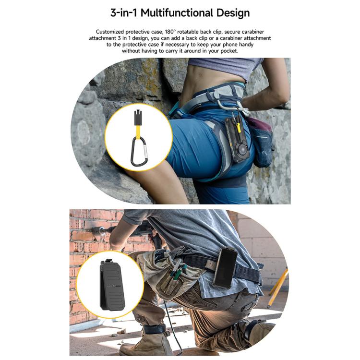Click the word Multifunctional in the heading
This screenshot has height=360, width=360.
(177, 12)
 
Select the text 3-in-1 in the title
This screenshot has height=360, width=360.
(123, 12)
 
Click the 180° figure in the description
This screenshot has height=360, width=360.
(170, 32)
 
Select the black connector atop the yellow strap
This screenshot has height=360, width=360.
(138, 118)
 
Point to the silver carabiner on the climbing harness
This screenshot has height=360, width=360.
(233, 106)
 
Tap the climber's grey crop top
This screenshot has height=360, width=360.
(225, 67)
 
